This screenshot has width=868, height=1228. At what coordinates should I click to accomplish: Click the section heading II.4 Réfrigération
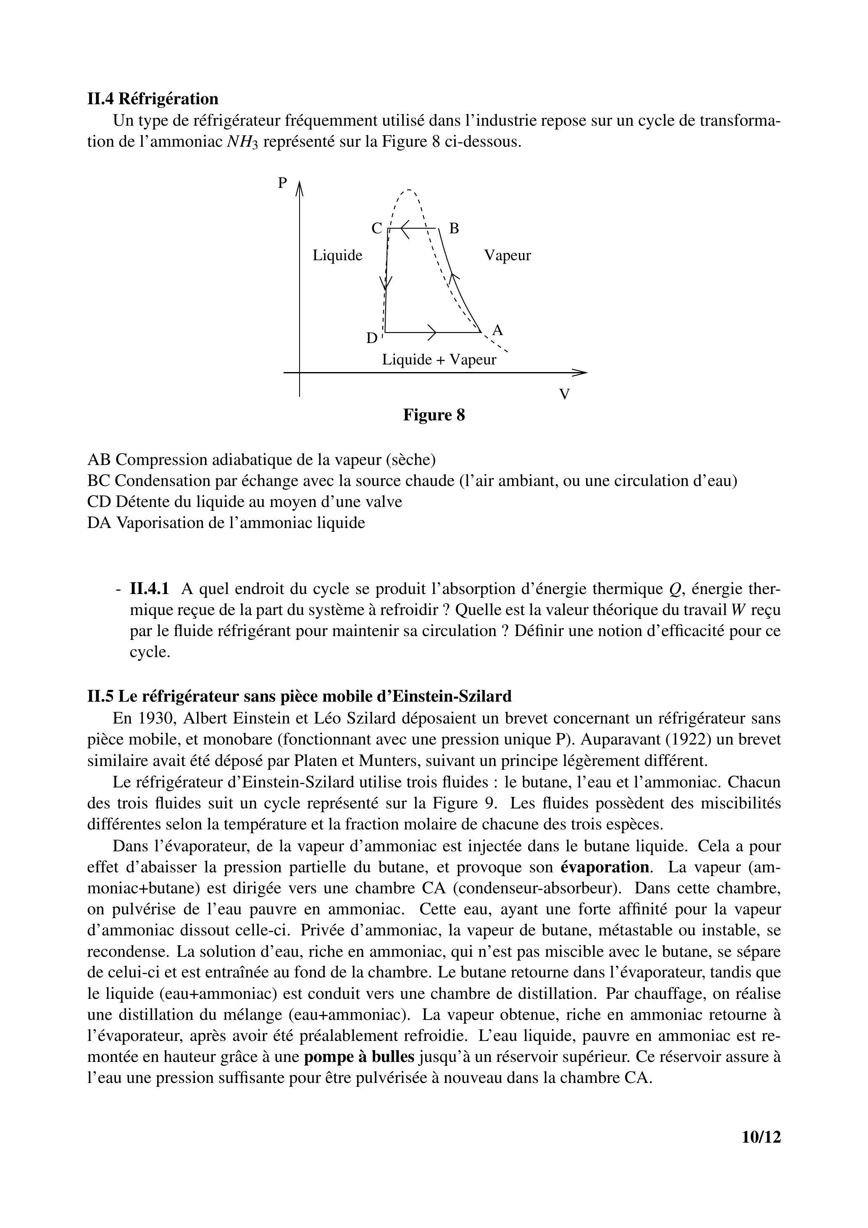pos(153,99)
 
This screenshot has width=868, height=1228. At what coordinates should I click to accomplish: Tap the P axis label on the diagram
pos(283,183)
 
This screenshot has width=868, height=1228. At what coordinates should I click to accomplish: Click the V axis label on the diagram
pos(564,395)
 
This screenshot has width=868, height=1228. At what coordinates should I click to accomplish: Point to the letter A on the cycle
pos(497,330)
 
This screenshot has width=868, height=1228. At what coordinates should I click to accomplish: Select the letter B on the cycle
pos(454,229)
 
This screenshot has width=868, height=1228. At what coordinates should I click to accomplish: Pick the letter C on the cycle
pos(377,229)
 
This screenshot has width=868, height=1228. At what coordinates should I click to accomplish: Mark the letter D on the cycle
pos(371,338)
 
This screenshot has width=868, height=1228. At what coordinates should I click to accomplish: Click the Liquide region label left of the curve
pos(337,256)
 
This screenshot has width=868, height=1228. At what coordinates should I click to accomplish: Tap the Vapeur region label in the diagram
pos(507,256)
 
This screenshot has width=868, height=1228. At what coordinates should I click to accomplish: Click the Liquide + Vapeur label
pos(439,360)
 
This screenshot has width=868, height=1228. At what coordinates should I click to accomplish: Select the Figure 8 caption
pos(434,415)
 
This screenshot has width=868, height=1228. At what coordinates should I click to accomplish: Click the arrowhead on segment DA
pos(432,333)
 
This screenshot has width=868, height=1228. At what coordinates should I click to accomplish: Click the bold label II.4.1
pos(150,589)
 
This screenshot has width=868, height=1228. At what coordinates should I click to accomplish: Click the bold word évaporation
pos(605,867)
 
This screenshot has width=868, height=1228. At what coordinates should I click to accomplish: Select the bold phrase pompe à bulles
pos(359,1057)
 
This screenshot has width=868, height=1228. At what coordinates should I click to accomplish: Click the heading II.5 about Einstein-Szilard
pos(299,696)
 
